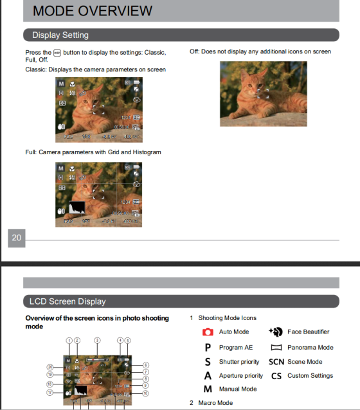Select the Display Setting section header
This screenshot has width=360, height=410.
click(x=60, y=35)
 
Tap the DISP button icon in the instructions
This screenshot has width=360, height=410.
click(x=57, y=53)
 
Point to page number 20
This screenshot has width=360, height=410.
click(x=17, y=238)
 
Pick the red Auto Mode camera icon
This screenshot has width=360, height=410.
click(x=208, y=332)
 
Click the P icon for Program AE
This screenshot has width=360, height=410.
click(x=208, y=347)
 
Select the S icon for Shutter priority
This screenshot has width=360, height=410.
click(x=208, y=361)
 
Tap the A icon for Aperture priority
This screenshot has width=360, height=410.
click(x=208, y=375)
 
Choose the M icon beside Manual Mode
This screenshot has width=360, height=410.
click(x=208, y=389)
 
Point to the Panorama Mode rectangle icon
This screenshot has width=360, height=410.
click(x=276, y=347)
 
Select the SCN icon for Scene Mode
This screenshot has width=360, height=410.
click(x=276, y=361)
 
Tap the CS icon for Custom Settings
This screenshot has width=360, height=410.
click(x=276, y=375)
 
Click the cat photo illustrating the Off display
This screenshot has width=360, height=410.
click(x=263, y=93)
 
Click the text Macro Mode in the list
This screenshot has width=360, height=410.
click(x=215, y=403)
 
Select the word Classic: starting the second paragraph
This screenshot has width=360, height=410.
click(x=35, y=69)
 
